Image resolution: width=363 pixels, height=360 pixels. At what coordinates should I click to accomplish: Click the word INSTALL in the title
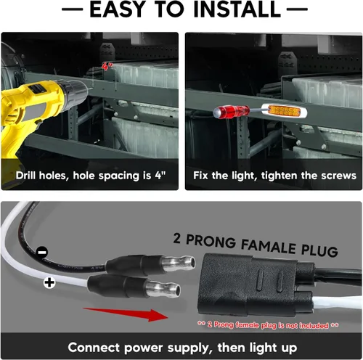click(x=237, y=9)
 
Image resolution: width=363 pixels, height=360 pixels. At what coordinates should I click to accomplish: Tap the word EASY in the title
click(x=117, y=9)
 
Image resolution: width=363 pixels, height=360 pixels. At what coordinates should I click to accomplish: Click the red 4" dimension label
click(x=107, y=66)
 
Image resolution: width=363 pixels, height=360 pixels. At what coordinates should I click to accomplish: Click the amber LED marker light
click(x=285, y=111)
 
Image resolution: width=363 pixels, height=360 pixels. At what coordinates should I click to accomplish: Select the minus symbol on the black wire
click(x=42, y=253)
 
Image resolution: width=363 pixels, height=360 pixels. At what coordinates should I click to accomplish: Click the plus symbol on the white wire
click(x=49, y=282)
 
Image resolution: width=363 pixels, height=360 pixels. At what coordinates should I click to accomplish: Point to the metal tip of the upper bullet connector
click(x=179, y=263)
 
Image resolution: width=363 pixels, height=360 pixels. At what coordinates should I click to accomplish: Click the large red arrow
click(x=126, y=314)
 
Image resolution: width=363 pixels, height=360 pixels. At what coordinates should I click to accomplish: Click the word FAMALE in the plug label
click(x=268, y=247)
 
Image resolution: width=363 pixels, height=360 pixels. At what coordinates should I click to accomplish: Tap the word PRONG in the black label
click(x=211, y=241)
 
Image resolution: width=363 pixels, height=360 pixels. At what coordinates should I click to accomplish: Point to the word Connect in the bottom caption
click(x=94, y=348)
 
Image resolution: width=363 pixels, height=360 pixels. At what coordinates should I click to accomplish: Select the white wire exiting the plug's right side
click(x=338, y=303)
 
